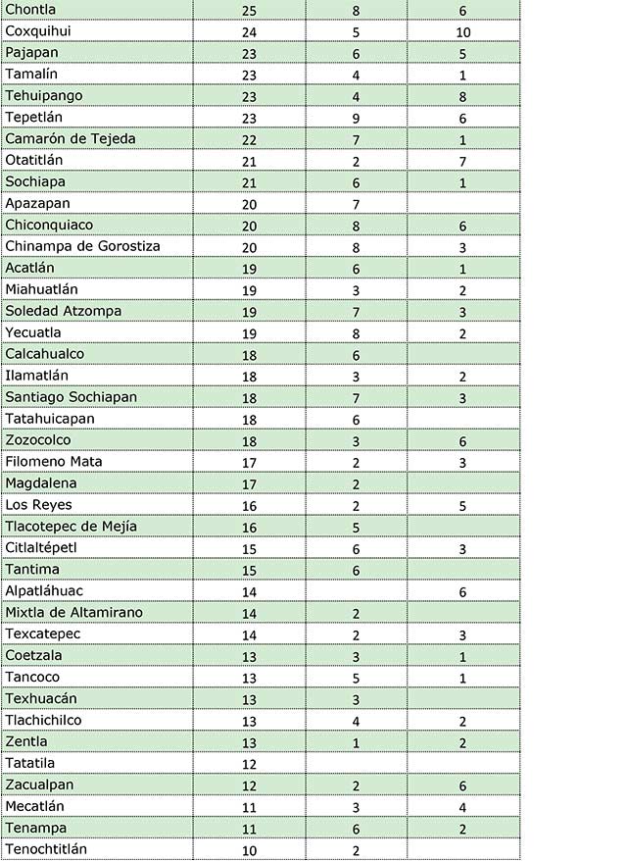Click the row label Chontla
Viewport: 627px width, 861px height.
pyautogui.click(x=30, y=10)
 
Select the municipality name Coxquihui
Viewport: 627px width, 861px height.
pyautogui.click(x=38, y=31)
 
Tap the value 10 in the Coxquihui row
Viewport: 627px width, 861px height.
pyautogui.click(x=462, y=32)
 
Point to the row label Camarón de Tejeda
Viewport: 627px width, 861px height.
pyautogui.click(x=71, y=139)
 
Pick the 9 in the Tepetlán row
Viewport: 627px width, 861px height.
pyautogui.click(x=357, y=119)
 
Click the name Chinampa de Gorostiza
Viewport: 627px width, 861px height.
pyautogui.click(x=82, y=246)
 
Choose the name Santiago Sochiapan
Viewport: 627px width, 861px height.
pyautogui.click(x=71, y=397)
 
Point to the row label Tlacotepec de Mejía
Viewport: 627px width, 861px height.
pyautogui.click(x=71, y=527)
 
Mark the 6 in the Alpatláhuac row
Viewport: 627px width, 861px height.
pyautogui.click(x=462, y=592)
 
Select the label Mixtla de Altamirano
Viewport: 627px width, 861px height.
pyautogui.click(x=73, y=613)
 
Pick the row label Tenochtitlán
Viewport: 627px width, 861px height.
pyautogui.click(x=46, y=849)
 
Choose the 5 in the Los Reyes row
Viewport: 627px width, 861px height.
pyautogui.click(x=462, y=507)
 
